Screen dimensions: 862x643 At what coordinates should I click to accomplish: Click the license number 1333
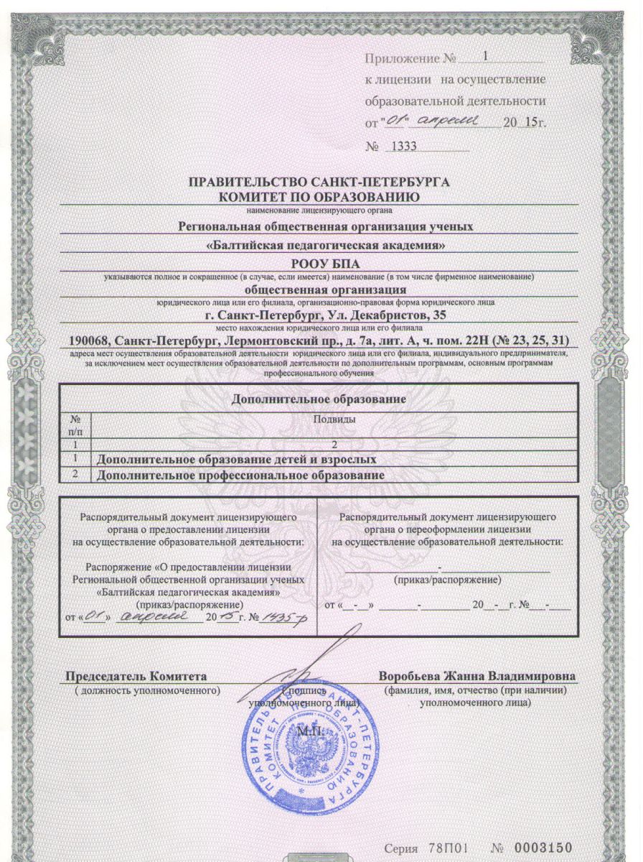pos(403,147)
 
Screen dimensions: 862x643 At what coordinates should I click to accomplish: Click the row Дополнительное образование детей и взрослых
pos(237,458)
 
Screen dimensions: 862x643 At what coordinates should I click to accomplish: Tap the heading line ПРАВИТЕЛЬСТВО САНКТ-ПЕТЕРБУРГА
pos(319,182)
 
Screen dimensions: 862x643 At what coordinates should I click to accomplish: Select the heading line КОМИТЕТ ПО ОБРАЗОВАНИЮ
pos(319,196)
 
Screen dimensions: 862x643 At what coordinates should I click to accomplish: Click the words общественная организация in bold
pos(320,290)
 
